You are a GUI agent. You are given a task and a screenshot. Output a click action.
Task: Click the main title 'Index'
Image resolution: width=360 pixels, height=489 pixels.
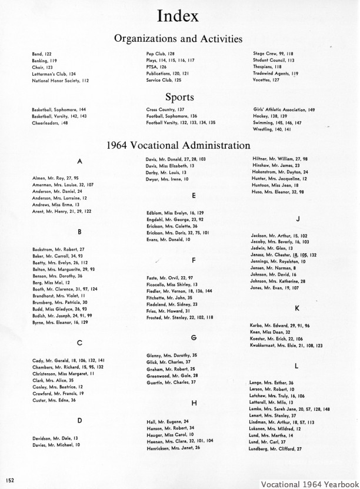click(x=180, y=16)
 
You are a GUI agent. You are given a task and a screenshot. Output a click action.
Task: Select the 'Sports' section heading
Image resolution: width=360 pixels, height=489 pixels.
click(x=180, y=96)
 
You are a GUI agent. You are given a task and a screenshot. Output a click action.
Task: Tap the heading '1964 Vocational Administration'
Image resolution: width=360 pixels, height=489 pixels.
click(x=180, y=145)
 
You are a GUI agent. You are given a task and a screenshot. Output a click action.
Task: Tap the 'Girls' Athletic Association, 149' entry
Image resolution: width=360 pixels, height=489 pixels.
click(x=284, y=109)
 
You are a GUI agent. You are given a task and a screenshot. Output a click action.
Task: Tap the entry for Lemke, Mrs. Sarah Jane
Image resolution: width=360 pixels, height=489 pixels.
click(x=290, y=408)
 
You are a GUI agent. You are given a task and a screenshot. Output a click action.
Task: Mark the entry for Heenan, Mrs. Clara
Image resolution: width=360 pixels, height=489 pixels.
click(x=180, y=440)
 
